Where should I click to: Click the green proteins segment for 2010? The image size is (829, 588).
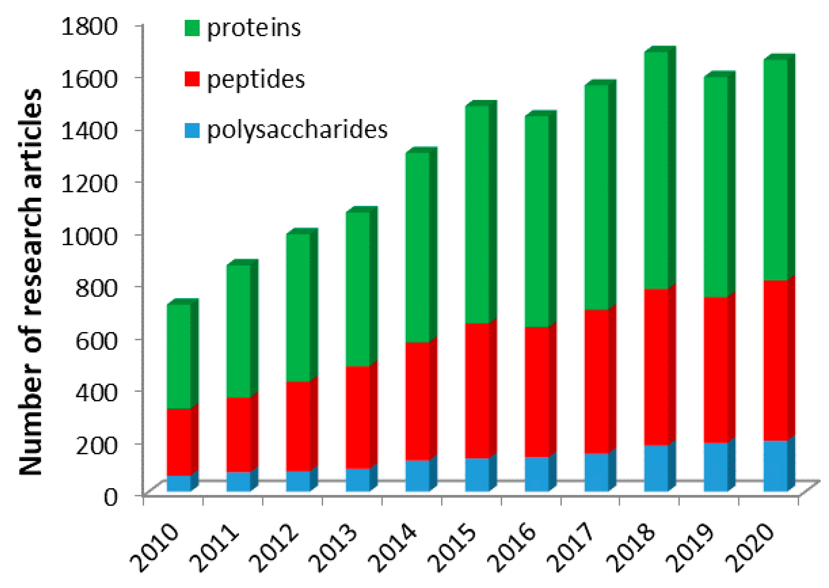tap(179, 357)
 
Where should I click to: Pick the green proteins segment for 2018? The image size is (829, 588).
tap(656, 170)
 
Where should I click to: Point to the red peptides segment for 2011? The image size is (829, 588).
tap(238, 434)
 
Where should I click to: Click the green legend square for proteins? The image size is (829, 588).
tap(192, 28)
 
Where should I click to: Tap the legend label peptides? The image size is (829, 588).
tap(256, 79)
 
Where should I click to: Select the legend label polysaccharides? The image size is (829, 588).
tap(297, 130)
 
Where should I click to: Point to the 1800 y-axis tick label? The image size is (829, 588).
tap(89, 26)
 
